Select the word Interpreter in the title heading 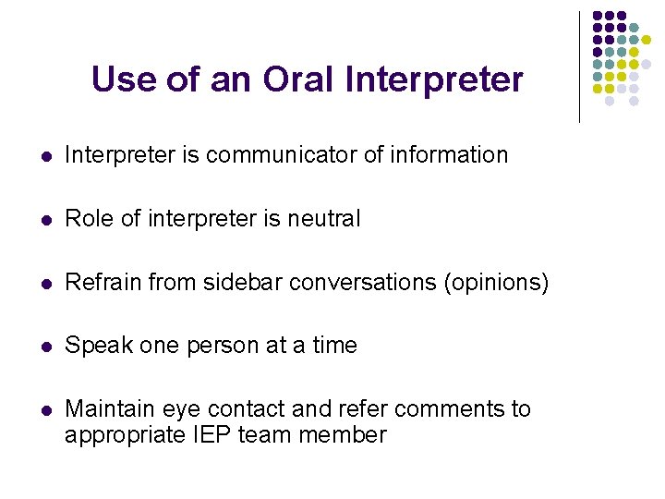tap(434, 80)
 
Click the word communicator tap(282, 155)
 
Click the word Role tap(87, 219)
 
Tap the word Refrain tap(99, 283)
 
